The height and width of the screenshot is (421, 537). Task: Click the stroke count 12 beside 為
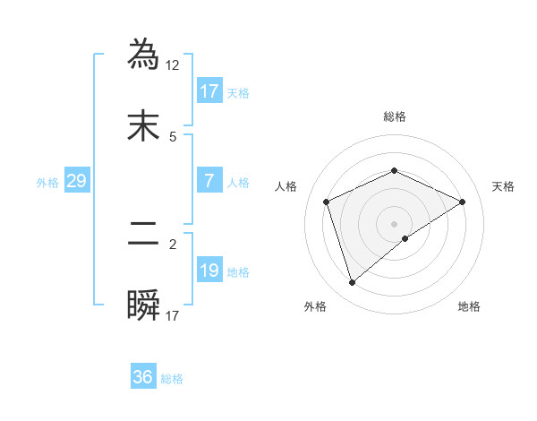pos(174,65)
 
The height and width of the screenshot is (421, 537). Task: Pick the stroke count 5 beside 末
pos(173,136)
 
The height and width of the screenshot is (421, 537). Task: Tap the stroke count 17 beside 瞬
pos(173,315)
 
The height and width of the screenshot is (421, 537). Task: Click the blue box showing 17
pos(209,91)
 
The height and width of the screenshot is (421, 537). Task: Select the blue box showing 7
pos(209,181)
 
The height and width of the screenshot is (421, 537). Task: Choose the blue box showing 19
pos(209,271)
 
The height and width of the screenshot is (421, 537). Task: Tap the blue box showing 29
pos(77,181)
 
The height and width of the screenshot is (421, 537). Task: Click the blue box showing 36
pos(143,377)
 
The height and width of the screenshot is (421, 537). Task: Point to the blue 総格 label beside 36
pos(172,379)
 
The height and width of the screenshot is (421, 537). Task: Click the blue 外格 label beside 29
pos(47,183)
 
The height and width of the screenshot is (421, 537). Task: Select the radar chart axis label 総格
pos(395,116)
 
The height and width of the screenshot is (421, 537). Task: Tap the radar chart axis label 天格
pos(504,186)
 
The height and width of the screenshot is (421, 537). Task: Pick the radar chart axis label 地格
pos(469,306)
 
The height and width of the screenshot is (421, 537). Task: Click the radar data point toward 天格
pos(463,202)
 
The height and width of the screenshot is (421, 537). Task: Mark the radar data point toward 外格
pos(352,283)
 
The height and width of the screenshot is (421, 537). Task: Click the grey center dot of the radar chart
pos(395,223)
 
